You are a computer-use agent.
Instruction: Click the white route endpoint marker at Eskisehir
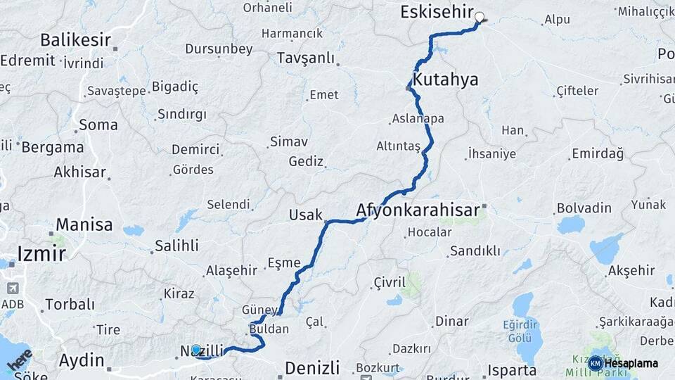click(480, 17)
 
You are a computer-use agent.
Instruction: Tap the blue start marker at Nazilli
click(196, 348)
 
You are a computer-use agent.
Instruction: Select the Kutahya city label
click(445, 80)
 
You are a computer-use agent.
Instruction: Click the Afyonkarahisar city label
click(418, 210)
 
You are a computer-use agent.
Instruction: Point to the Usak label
click(305, 215)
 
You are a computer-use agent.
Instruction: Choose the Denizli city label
click(311, 367)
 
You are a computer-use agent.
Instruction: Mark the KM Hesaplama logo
click(624, 363)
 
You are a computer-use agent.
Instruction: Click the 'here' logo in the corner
click(20, 360)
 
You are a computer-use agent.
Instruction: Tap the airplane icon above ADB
click(13, 289)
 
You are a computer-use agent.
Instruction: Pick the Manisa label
click(84, 225)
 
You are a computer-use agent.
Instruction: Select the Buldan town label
click(269, 329)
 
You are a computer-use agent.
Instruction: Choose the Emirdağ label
click(598, 153)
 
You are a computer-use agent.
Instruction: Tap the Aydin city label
click(81, 360)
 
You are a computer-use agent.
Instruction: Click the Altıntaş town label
click(398, 145)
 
